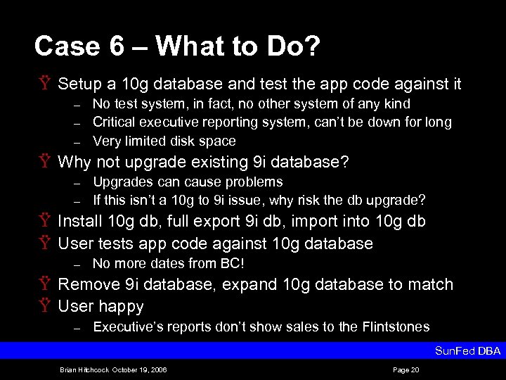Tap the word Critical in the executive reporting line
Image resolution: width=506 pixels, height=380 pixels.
115,122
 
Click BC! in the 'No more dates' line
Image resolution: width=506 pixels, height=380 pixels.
231,264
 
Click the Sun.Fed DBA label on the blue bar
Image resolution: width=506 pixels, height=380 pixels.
468,350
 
